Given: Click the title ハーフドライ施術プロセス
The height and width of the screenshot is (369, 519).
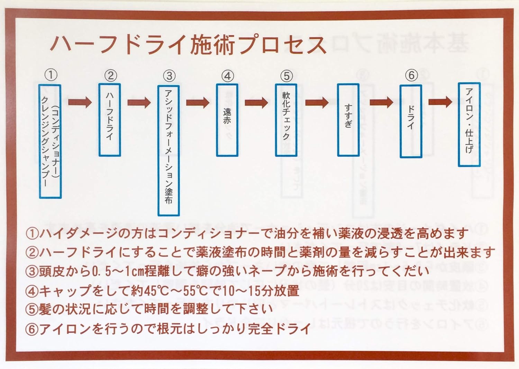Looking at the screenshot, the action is click(189, 44).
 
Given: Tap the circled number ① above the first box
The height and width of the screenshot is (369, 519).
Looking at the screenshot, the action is click(51, 74).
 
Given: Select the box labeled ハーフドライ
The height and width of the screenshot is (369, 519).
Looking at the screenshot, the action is click(110, 119).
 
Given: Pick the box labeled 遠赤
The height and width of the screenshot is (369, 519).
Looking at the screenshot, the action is click(227, 119).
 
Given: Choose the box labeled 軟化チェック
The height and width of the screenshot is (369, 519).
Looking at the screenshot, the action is click(286, 119).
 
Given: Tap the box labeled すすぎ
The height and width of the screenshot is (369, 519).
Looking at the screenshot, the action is click(348, 119).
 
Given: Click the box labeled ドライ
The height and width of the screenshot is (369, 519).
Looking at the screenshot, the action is click(411, 121).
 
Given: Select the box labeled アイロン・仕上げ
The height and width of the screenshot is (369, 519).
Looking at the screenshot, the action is click(469, 124).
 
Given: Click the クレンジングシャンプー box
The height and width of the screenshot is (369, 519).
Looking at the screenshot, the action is click(50, 141).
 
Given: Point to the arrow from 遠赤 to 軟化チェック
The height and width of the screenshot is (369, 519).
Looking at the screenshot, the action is click(256, 102).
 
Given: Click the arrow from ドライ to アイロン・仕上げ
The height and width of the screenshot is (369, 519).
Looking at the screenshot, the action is click(440, 102).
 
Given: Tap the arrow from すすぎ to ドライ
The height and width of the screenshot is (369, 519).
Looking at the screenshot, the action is click(381, 102).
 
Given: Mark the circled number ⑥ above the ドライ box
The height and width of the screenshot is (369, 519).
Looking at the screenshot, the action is click(411, 75).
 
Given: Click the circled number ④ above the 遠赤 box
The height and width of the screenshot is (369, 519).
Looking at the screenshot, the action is click(227, 75).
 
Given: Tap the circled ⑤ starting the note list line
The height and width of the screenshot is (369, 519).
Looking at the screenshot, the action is click(32, 309).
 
